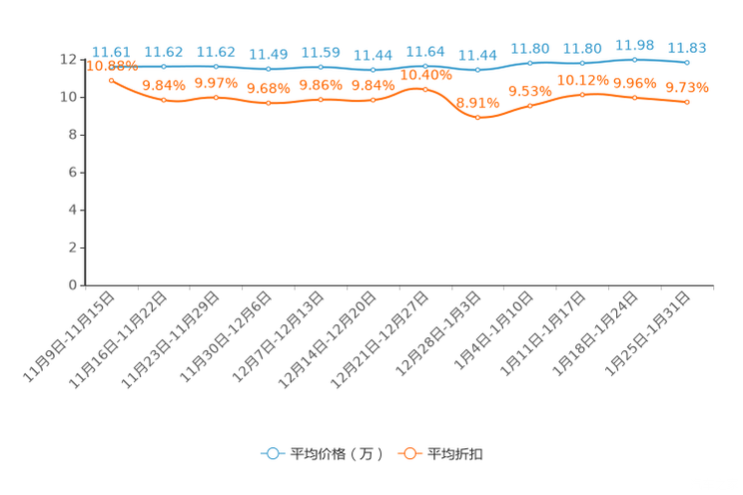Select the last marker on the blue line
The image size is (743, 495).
(x=687, y=63)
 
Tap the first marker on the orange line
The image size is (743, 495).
(x=111, y=78)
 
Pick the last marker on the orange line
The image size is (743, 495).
(x=688, y=101)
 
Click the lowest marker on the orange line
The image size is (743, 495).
(x=478, y=117)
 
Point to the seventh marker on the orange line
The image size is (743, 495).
(x=425, y=89)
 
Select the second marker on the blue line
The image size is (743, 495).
(x=164, y=66)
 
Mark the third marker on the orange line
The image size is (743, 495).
(x=217, y=97)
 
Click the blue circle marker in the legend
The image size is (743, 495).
(x=271, y=453)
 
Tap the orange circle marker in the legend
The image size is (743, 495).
(x=407, y=453)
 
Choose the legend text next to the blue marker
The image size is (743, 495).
(x=335, y=454)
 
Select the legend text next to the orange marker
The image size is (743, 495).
(x=455, y=454)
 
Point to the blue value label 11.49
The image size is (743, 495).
(x=268, y=53)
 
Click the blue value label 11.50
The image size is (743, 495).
(x=321, y=51)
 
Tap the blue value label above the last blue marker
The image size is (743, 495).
(x=687, y=47)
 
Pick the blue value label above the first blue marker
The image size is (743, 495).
(x=110, y=51)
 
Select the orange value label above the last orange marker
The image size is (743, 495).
(x=688, y=87)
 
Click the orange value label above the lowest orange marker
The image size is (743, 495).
(x=478, y=102)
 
